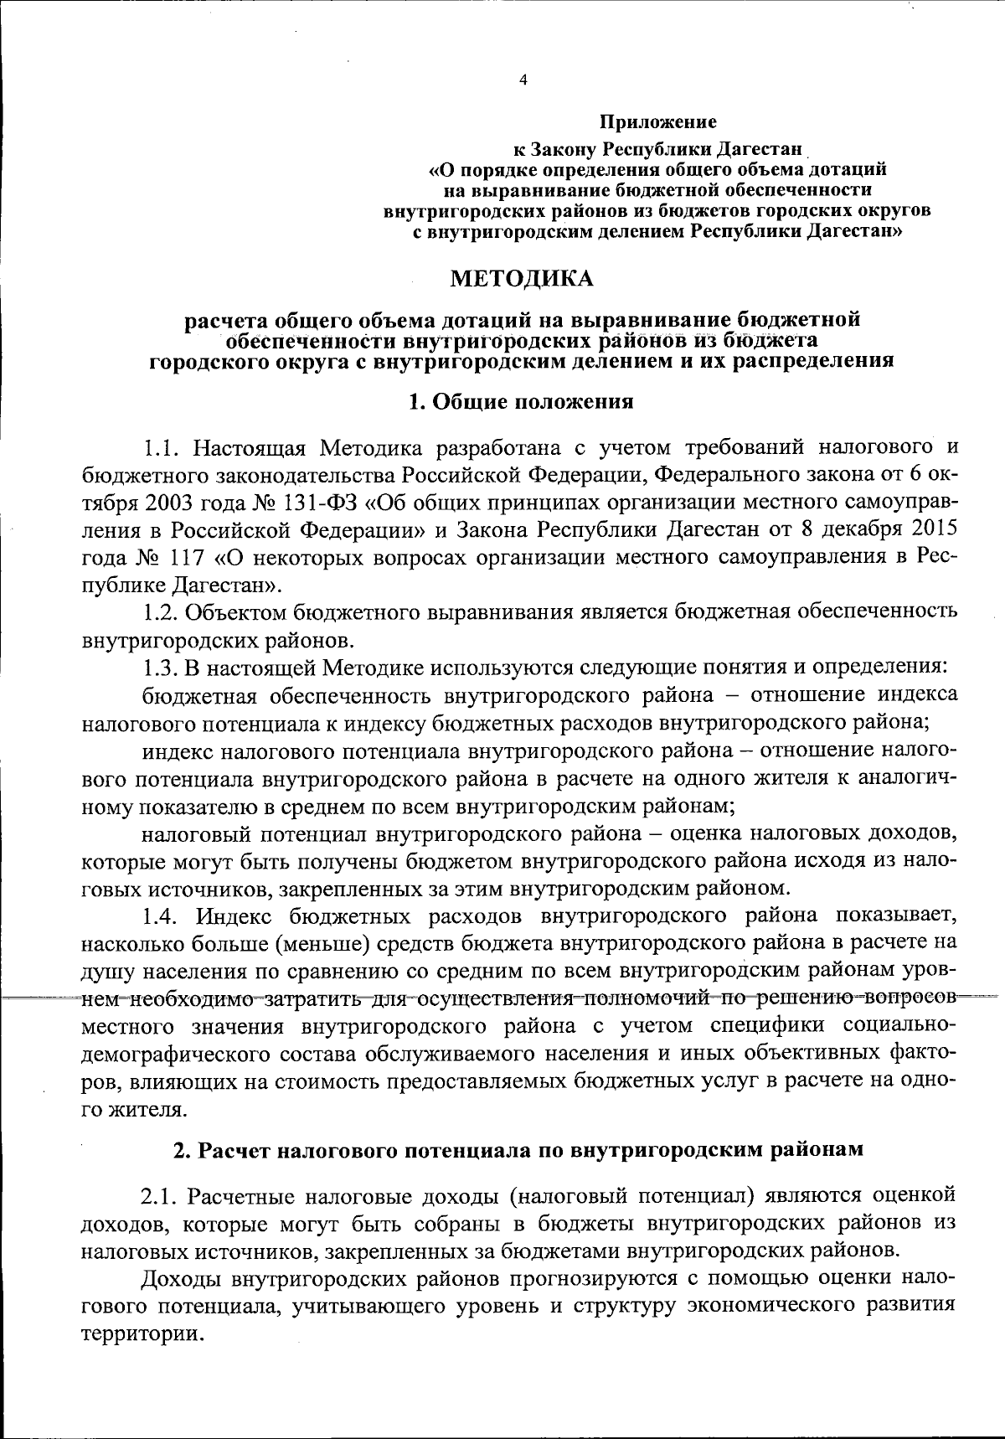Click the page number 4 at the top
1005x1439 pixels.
point(523,80)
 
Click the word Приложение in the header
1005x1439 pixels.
point(657,123)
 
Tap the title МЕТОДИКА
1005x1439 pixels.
point(522,278)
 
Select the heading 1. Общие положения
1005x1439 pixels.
point(520,402)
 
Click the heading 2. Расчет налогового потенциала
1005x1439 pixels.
point(518,1150)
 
